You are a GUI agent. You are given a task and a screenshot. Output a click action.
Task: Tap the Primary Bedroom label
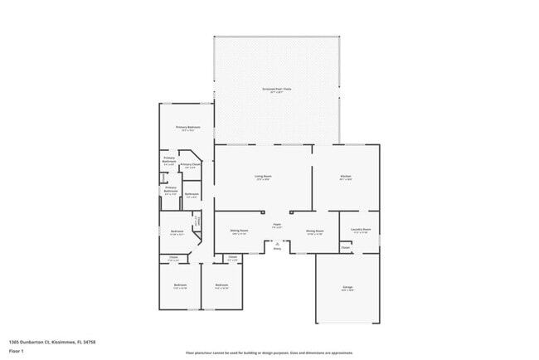click(x=187, y=128)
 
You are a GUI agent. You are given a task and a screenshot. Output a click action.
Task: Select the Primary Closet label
click(x=191, y=165)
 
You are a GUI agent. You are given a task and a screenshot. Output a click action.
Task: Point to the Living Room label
click(x=263, y=177)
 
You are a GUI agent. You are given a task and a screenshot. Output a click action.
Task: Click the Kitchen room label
click(x=346, y=177)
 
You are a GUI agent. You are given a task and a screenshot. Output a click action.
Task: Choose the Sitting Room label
click(x=240, y=231)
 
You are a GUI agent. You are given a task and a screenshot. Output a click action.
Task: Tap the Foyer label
click(x=276, y=225)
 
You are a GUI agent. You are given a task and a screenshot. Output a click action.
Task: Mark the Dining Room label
click(x=315, y=231)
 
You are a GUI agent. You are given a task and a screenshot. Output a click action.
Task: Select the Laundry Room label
click(x=361, y=230)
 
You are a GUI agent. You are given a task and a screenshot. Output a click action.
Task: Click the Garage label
click(x=347, y=288)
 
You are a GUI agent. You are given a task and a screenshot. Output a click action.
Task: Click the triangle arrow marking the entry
click(x=277, y=243)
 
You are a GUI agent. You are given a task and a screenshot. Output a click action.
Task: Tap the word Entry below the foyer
click(x=277, y=248)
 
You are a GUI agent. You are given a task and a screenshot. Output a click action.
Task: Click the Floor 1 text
click(x=17, y=351)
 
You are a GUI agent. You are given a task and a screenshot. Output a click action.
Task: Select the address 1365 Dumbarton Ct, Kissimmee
click(x=51, y=342)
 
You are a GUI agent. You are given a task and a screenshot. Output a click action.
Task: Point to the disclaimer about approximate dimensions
click(x=269, y=352)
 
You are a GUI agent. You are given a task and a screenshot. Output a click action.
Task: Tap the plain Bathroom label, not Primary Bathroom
click(x=191, y=196)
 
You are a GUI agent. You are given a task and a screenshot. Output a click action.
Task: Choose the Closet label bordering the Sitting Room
click(x=233, y=258)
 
